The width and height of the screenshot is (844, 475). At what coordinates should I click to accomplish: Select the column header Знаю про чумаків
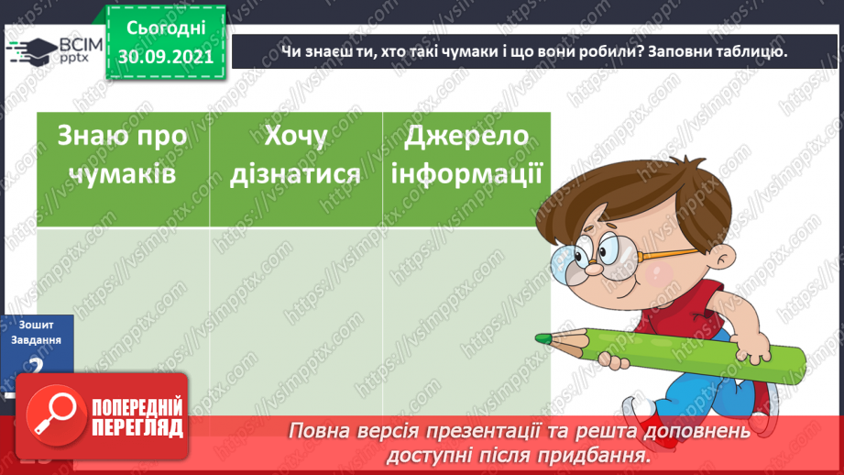tap(122, 153)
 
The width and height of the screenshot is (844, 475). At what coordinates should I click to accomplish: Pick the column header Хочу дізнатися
tap(295, 153)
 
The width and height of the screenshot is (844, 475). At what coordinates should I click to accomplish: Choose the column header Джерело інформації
tap(466, 153)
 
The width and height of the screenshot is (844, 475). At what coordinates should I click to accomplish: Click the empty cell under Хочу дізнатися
tap(295, 312)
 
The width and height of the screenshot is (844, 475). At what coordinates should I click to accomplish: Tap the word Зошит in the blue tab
tap(34, 325)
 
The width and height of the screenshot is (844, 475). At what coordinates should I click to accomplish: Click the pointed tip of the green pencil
tap(542, 339)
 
